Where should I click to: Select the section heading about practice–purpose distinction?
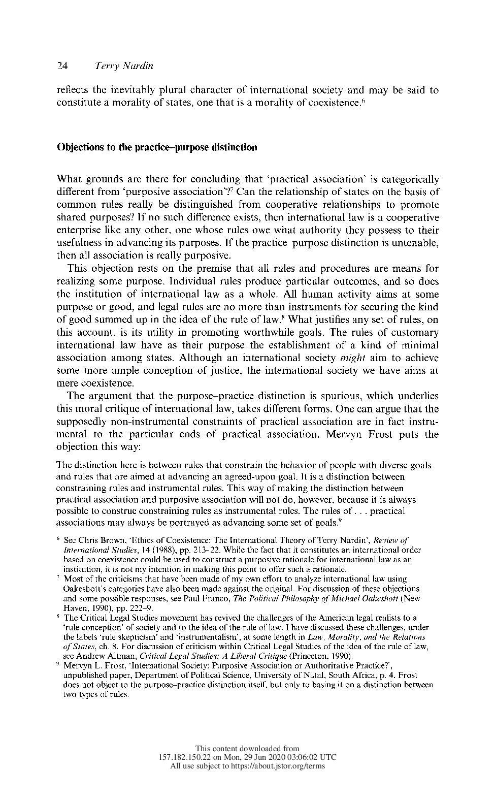(157, 147)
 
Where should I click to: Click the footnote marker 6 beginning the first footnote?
(59, 538)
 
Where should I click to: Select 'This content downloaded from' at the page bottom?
(247, 748)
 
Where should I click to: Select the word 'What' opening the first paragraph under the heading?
(69, 179)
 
